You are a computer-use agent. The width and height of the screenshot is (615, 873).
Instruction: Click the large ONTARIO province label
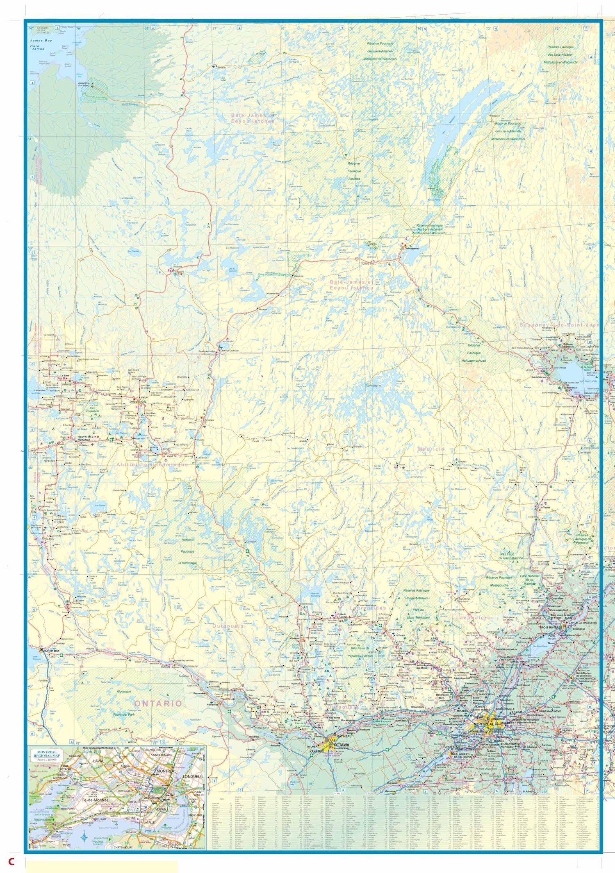tap(158, 703)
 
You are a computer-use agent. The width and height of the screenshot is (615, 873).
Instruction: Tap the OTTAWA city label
tap(342, 744)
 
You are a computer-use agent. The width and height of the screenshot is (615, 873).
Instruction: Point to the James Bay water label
tap(41, 41)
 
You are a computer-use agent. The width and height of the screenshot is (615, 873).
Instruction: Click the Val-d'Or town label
tap(171, 456)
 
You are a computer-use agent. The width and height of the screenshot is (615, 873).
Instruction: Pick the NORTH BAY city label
tap(51, 651)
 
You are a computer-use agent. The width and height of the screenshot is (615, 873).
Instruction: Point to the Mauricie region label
tap(431, 449)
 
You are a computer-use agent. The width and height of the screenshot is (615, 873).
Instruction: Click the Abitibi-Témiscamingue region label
tap(152, 465)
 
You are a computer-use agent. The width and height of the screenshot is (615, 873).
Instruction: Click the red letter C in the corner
tap(11, 862)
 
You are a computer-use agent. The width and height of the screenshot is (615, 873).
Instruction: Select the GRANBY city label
tap(567, 730)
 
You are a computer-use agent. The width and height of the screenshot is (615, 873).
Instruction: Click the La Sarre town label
tap(65, 375)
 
